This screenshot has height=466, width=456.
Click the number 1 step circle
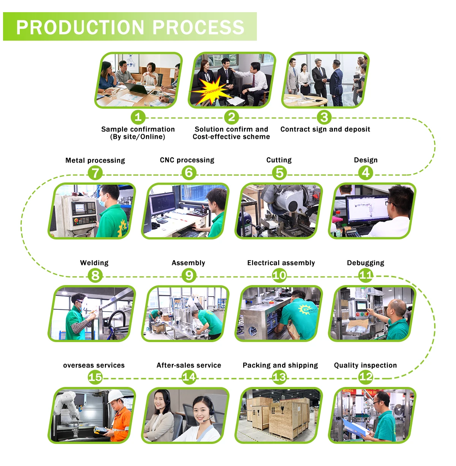pos(138,117)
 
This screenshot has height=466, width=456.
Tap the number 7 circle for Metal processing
pos(95,173)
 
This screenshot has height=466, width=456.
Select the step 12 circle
pos(366,377)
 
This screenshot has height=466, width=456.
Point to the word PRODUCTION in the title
pos(80,27)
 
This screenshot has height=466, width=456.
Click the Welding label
pos(94,263)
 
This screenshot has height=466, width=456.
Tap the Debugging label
pos(366,263)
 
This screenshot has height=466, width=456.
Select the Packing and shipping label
pos(280,365)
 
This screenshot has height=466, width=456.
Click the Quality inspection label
pos(365,365)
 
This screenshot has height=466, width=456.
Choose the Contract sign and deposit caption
pos(325,129)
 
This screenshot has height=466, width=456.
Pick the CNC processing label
pos(187,160)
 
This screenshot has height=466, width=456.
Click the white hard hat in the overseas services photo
pos(114,396)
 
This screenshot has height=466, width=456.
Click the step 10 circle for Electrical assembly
pos(279,275)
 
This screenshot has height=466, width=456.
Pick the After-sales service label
pos(189,365)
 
